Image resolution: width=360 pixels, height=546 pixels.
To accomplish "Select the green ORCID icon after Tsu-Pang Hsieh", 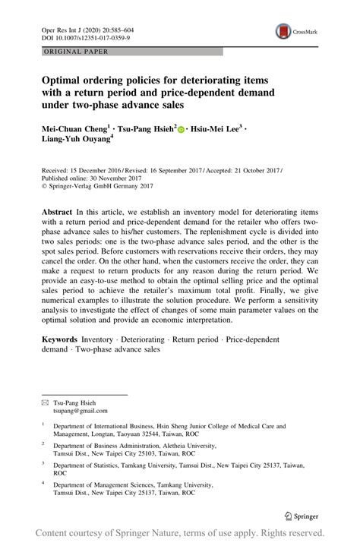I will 182,130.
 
